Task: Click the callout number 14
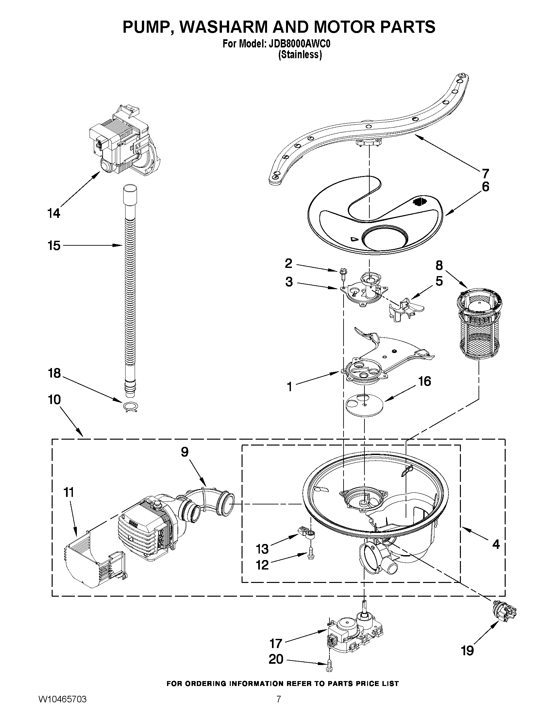pos(54,213)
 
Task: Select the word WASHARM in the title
pos(224,27)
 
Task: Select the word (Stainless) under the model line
pos(299,55)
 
